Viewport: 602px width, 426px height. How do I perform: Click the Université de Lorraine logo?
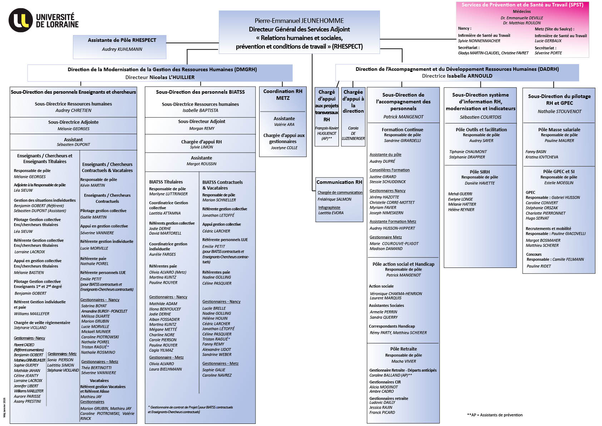coord(43,20)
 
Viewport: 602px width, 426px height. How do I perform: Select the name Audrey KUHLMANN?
coord(122,49)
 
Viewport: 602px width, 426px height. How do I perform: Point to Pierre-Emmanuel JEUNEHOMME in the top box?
coord(299,21)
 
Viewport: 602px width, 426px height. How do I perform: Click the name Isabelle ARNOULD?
coord(469,76)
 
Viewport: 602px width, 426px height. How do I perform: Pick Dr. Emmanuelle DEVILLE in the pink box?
coord(522,18)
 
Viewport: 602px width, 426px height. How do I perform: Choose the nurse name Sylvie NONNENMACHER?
coord(479,41)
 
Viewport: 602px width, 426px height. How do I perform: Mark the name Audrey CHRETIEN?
coord(73,111)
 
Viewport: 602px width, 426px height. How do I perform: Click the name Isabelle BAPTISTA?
coord(200,111)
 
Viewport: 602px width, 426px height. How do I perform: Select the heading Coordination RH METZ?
coord(283,94)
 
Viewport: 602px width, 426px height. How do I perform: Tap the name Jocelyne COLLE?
coord(284,148)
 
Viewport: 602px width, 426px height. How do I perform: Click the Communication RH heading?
coord(339,182)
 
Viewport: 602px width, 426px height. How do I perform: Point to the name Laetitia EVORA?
coord(331,213)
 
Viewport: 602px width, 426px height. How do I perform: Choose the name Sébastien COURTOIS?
coord(480,117)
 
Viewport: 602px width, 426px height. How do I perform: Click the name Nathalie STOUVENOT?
coord(559,112)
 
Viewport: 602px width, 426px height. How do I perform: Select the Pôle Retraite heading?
coord(403,349)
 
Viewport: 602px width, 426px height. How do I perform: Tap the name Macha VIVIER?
coord(404,361)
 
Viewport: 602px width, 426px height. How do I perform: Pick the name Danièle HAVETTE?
coord(480,183)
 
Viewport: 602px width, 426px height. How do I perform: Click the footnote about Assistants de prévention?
coord(495,415)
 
